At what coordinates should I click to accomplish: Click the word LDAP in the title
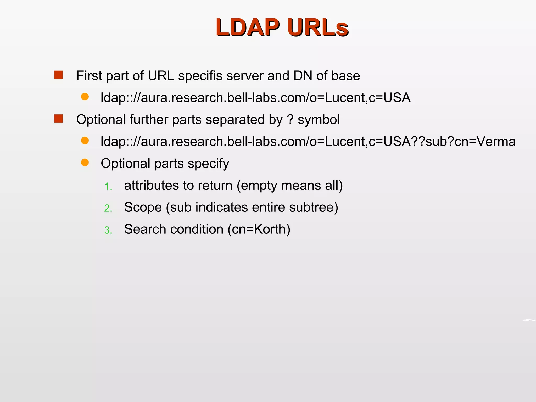pos(248,27)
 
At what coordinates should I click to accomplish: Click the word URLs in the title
pos(317,27)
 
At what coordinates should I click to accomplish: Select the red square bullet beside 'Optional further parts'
pos(58,119)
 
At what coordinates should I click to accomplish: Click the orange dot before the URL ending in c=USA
pos(85,97)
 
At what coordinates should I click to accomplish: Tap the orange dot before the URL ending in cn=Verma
pos(85,141)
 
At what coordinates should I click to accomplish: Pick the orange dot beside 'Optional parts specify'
pos(85,163)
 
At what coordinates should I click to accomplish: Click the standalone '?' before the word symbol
pos(290,119)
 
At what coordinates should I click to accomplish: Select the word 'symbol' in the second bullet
pos(319,120)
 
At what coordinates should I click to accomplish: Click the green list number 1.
pos(108,187)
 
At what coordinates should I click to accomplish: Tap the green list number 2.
pos(108,208)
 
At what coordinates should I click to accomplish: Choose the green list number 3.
pos(108,230)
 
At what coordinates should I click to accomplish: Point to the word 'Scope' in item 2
pos(143,208)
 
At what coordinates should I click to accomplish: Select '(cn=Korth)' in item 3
pos(259,229)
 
